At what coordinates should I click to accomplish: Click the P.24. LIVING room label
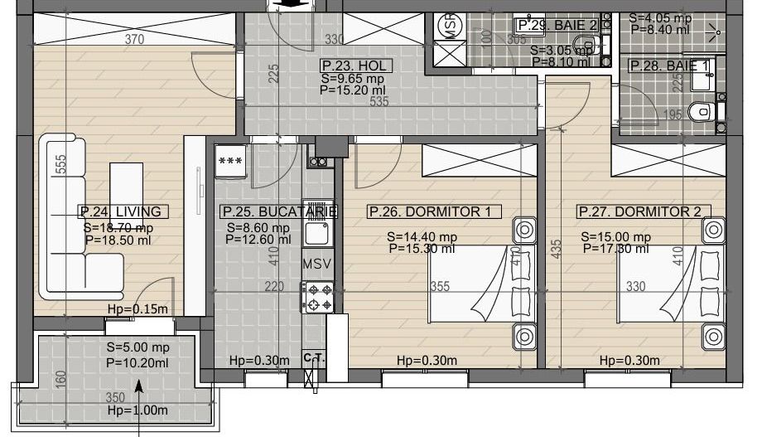[120, 211]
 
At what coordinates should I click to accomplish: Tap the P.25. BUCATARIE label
[279, 211]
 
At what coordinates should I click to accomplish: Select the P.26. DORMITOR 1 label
[429, 211]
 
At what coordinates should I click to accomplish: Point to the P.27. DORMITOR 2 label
[639, 211]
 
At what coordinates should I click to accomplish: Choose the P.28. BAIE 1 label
[669, 66]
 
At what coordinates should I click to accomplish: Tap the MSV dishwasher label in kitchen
[317, 265]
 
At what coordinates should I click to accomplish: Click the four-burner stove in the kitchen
[319, 298]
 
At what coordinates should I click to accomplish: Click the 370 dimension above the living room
[134, 39]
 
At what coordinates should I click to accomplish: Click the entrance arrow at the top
[291, 4]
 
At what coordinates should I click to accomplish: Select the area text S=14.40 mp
[421, 236]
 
